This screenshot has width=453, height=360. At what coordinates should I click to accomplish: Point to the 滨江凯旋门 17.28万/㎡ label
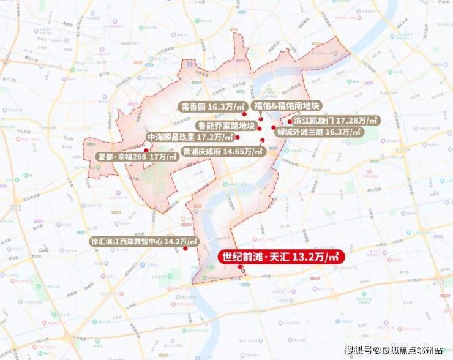pyautogui.click(x=336, y=121)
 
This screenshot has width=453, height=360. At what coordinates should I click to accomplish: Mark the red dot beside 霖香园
pyautogui.click(x=243, y=114)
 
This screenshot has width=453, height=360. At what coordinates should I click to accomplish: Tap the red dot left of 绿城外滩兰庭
pyautogui.click(x=274, y=128)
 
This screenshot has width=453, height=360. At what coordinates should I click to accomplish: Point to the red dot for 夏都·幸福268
pyautogui.click(x=146, y=149)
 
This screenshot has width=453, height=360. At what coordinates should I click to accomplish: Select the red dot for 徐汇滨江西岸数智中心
pyautogui.click(x=185, y=249)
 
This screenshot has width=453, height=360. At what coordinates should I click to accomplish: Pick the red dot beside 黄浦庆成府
pyautogui.click(x=262, y=141)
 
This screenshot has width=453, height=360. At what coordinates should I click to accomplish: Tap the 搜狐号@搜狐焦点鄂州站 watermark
pyautogui.click(x=393, y=350)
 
